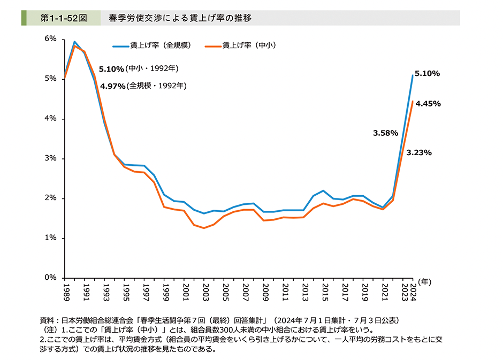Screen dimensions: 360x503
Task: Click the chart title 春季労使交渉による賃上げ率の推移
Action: (180, 18)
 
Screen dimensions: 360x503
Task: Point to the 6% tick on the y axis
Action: (51, 39)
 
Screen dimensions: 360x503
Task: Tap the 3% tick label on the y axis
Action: (51, 159)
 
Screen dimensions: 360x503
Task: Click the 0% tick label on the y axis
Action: (51, 278)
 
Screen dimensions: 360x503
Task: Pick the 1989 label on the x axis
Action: (65, 293)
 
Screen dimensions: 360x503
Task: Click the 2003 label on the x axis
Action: (205, 293)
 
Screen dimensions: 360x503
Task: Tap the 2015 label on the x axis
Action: (324, 293)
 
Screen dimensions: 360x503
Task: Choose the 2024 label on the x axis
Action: (414, 293)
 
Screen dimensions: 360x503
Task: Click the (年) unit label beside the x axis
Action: (425, 280)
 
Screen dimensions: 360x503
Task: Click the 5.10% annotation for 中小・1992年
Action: (111, 69)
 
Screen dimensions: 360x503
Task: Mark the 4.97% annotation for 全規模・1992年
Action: (112, 86)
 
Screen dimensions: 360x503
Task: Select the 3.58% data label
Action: (385, 133)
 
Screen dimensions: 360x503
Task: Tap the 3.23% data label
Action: (419, 152)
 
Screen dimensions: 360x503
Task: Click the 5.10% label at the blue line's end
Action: (427, 74)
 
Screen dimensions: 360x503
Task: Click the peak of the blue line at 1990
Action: (74, 41)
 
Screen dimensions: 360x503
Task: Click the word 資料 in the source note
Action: (47, 320)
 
